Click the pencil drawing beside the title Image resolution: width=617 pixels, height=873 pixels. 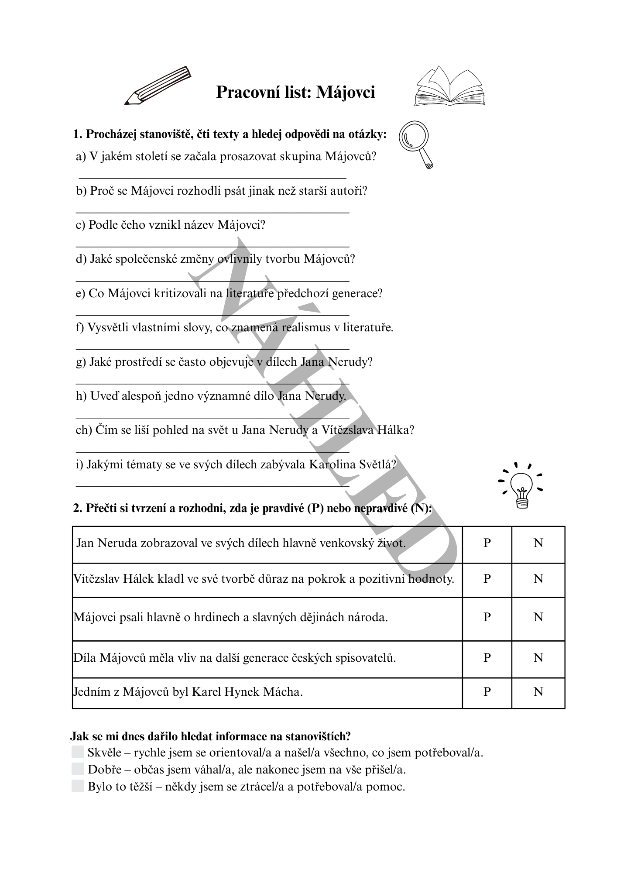[158, 86]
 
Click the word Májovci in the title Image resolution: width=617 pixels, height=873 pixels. [345, 93]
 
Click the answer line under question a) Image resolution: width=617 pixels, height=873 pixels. [213, 178]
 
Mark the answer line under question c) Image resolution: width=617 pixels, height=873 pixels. [213, 246]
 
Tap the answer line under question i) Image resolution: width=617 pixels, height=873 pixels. [213, 485]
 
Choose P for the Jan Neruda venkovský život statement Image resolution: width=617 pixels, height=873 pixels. [487, 543]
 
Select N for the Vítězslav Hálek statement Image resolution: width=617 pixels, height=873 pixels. [538, 579]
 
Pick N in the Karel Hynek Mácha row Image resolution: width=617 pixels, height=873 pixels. [538, 692]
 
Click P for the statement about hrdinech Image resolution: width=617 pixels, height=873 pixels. [487, 617]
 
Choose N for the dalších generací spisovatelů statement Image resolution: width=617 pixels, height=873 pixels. [538, 658]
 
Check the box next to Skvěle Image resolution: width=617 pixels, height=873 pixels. [78, 752]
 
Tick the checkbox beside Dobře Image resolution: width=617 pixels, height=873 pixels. [78, 769]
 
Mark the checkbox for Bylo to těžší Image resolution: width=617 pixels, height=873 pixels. [78, 786]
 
